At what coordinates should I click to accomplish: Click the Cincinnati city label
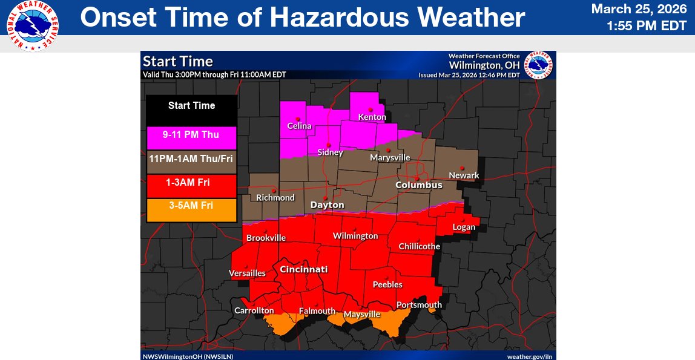click(x=303, y=269)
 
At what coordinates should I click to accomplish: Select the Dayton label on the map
click(x=327, y=205)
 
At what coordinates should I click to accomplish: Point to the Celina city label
click(x=299, y=126)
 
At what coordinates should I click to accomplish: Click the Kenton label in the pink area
click(x=372, y=117)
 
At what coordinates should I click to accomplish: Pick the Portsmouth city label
click(x=419, y=304)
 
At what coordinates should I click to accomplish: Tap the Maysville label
click(x=362, y=314)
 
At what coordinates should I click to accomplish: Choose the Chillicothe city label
click(x=419, y=246)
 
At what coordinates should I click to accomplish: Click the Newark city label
click(x=464, y=175)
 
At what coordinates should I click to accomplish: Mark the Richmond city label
click(x=275, y=197)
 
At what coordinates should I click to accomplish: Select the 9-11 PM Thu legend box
click(x=191, y=135)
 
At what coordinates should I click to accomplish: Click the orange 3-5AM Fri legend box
click(x=191, y=206)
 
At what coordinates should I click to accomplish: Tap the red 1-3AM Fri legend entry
click(x=191, y=182)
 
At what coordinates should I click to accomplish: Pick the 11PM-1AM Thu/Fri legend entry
click(x=191, y=159)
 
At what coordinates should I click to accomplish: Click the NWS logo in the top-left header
click(x=33, y=26)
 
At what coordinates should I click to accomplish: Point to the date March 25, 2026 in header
click(x=639, y=9)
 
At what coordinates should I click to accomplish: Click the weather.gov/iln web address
click(x=529, y=356)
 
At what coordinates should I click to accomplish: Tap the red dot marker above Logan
click(x=464, y=220)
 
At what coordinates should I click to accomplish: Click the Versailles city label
click(x=247, y=273)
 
